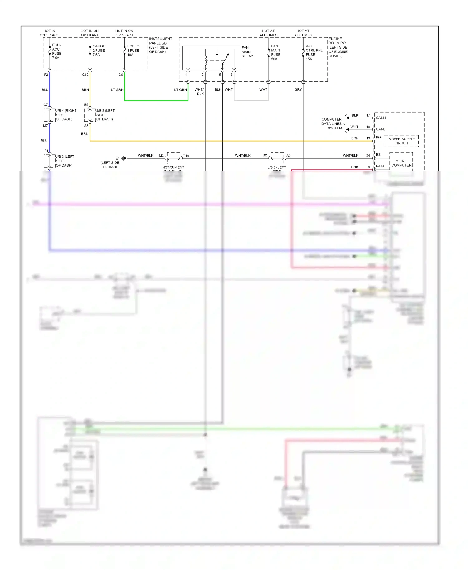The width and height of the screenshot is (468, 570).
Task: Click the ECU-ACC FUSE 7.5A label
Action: [56, 51]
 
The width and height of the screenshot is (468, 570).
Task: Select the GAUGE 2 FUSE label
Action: [99, 50]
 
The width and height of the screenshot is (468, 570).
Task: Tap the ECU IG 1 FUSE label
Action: [133, 50]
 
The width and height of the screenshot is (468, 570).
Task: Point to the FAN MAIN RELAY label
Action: [247, 52]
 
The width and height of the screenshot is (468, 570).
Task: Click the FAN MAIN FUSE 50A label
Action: [275, 52]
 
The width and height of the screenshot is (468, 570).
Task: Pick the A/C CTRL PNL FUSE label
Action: [314, 52]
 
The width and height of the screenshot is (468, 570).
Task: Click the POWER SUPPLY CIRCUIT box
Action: [401, 141]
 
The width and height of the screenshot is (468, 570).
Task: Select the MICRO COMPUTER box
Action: [401, 163]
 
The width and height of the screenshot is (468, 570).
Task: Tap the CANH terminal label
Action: [381, 118]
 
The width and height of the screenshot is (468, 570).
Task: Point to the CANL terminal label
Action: [380, 129]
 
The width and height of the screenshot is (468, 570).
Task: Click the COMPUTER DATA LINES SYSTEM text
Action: [332, 124]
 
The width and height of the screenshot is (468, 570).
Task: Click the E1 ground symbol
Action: [124, 158]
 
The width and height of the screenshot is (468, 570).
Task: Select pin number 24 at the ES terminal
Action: [368, 155]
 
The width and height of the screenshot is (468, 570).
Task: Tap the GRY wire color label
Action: [298, 89]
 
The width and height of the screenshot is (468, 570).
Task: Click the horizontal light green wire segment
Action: [156, 100]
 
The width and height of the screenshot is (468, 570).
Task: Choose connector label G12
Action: [85, 75]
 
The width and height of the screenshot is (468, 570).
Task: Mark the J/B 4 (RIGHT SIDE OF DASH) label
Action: [66, 115]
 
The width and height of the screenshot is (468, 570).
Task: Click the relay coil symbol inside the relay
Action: [206, 60]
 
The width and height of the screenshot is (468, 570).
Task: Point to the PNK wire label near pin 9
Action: [354, 167]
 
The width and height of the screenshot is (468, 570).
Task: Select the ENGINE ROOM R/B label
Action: [338, 47]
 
